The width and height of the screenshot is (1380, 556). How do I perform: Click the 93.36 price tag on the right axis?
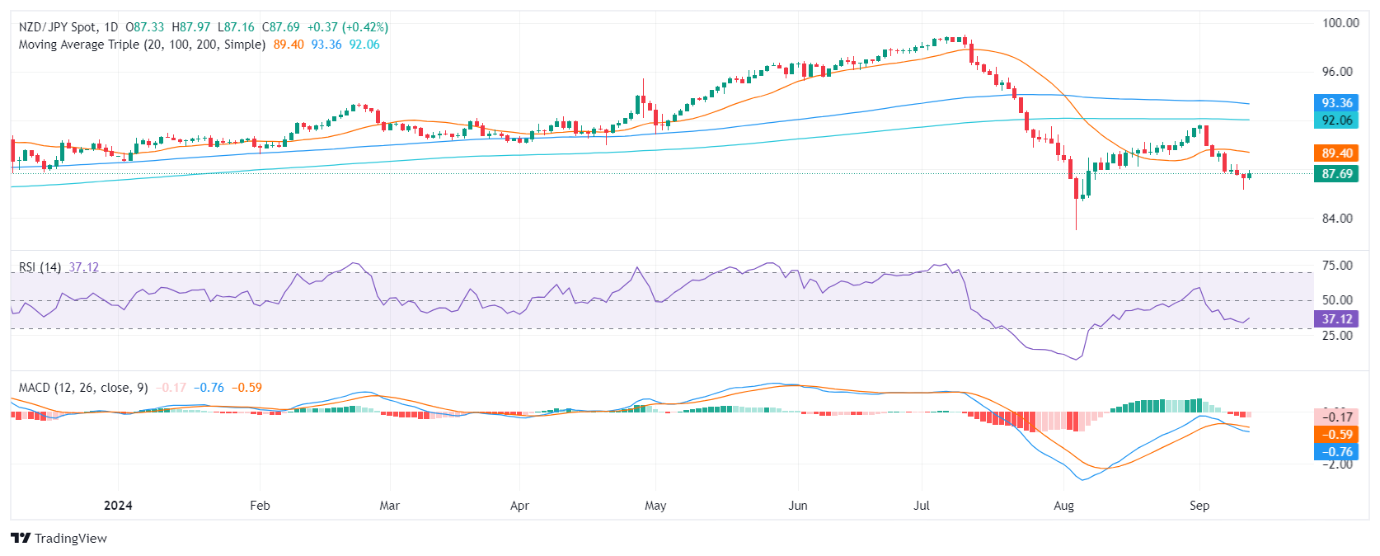[x=1336, y=103]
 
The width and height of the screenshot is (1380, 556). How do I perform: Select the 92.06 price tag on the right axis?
[x=1336, y=120]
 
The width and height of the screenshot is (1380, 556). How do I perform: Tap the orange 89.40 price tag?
[x=1336, y=153]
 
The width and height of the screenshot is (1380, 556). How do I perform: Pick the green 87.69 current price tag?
[x=1336, y=174]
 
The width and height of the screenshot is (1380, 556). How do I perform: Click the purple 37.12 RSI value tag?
[x=1336, y=319]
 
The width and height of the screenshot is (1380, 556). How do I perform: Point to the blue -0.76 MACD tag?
[x=1336, y=452]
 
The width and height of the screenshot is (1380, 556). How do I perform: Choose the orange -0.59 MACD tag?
[x=1336, y=435]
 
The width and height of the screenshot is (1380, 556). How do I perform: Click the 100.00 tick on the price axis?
[x=1340, y=23]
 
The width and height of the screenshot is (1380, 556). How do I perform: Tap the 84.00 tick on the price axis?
[x=1336, y=219]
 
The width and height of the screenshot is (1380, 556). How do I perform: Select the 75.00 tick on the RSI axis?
[x=1336, y=266]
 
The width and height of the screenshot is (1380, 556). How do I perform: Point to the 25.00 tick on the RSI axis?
[x=1336, y=336]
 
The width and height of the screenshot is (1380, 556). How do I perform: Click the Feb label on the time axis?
[x=260, y=506]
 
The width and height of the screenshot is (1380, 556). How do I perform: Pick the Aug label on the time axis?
[x=1063, y=506]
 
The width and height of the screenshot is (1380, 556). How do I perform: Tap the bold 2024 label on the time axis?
[x=118, y=506]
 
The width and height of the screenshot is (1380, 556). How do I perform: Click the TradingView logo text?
[x=70, y=539]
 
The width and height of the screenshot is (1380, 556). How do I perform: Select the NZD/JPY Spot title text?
[x=58, y=27]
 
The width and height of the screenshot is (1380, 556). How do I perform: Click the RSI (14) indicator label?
[x=40, y=267]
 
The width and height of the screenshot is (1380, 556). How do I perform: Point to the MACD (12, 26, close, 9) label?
[x=83, y=388]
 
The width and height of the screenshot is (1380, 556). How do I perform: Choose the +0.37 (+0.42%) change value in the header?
[x=347, y=27]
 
